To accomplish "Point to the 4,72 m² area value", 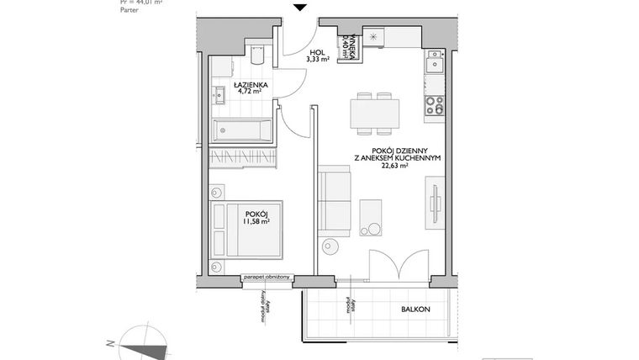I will coord(251,93).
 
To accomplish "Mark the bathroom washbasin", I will coord(219,94).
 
